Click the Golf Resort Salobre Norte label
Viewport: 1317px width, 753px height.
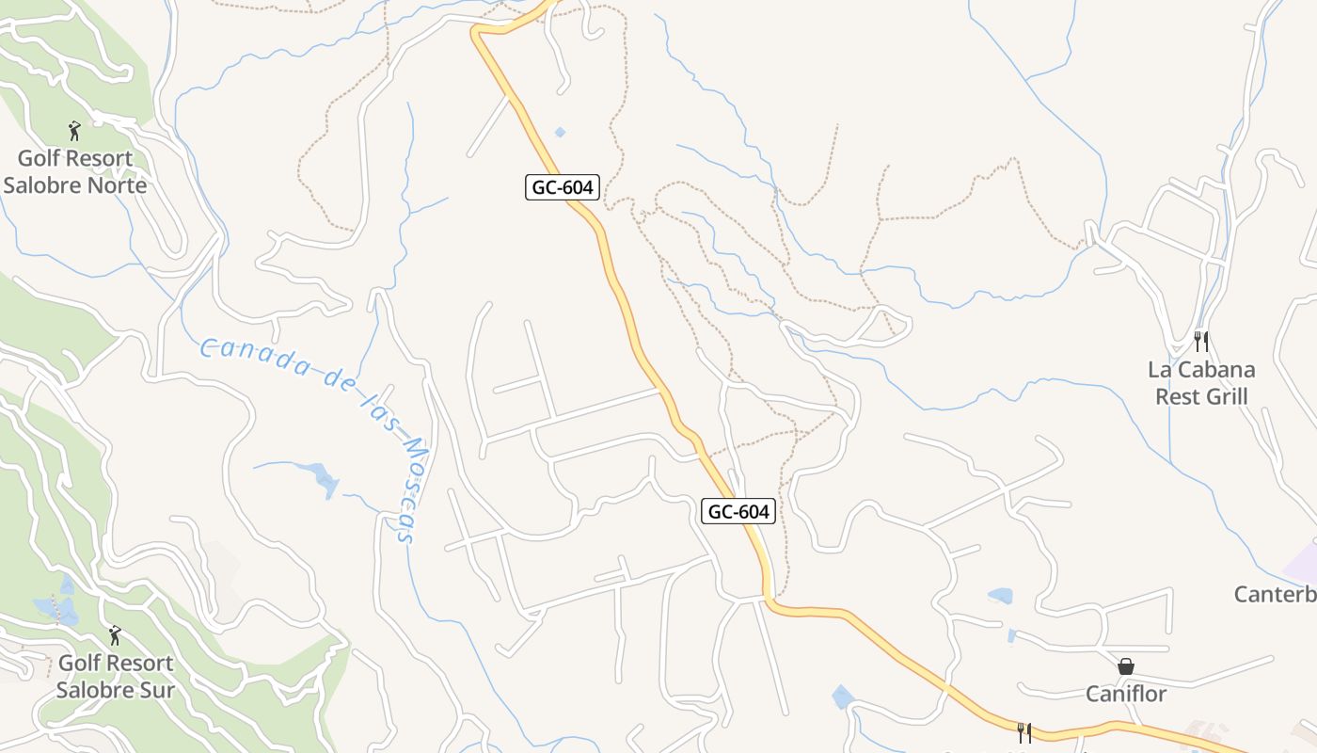[75, 171]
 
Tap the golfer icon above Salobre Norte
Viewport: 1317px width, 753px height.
[75, 131]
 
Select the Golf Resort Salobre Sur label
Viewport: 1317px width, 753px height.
[115, 676]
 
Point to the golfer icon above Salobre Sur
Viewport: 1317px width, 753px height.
[115, 635]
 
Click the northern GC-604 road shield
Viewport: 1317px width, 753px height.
[563, 187]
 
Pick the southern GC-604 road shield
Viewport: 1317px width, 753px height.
[738, 512]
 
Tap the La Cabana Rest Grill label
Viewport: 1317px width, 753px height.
[1201, 382]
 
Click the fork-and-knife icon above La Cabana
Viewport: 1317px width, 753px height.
[1200, 341]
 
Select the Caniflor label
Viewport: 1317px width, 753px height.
[1126, 694]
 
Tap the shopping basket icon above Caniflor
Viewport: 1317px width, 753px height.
[1126, 666]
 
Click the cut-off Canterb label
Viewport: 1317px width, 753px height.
[1275, 594]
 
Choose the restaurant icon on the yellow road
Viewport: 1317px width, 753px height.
[1024, 732]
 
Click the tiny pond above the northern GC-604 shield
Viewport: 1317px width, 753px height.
[561, 133]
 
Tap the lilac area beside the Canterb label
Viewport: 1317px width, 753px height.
[1303, 563]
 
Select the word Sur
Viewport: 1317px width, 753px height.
[157, 689]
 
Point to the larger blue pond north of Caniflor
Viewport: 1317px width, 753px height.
[1000, 595]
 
